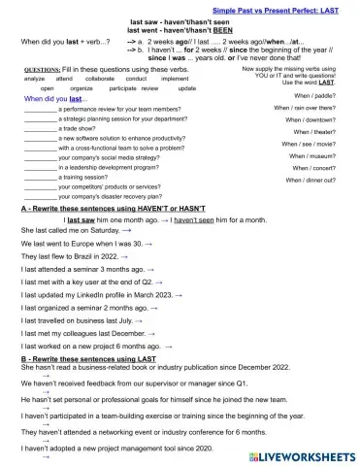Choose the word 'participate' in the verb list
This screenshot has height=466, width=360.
(x=123, y=88)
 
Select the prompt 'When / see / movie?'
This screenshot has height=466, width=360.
(x=310, y=144)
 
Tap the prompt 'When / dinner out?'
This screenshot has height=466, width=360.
(x=311, y=181)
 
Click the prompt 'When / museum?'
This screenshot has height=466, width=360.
(x=314, y=155)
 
